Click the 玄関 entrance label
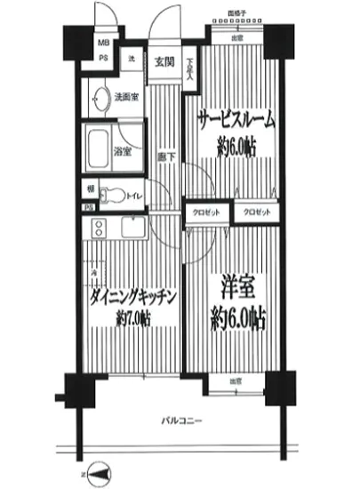[x=163, y=61]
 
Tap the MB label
[x=104, y=43]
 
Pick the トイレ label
[x=134, y=191]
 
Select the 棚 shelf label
[x=91, y=189]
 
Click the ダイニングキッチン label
[x=131, y=296]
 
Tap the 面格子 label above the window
[x=236, y=15]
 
